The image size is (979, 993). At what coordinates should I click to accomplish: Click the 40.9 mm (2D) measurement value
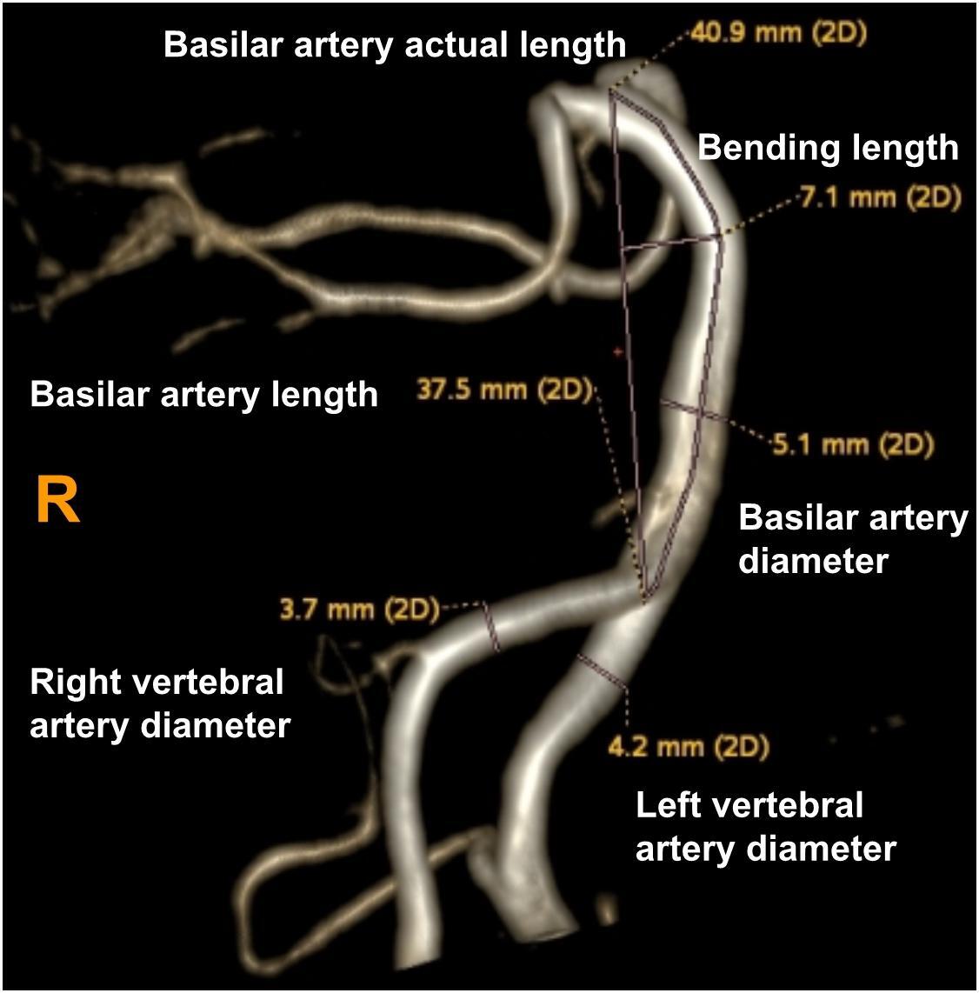pos(777,37)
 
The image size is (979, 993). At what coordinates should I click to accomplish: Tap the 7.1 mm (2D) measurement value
pos(880,198)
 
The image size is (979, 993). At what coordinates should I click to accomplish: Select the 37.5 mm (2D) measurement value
pos(503,390)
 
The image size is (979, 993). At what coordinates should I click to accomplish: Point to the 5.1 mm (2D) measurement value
pos(853,445)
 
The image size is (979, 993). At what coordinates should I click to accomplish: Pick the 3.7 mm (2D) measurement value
pos(359,610)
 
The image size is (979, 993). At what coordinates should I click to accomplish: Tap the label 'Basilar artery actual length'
pos(395,45)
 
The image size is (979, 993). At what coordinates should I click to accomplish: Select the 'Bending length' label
pos(828,148)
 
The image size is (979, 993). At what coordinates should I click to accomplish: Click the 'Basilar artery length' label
pos(204,396)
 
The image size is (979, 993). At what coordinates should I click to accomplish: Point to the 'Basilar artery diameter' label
pos(852,539)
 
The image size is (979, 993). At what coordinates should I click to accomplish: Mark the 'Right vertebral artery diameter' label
pos(160,703)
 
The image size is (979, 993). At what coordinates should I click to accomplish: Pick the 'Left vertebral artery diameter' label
pos(765,826)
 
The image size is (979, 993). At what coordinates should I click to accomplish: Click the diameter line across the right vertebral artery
pos(491,628)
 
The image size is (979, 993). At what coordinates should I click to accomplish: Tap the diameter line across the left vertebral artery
pos(602,670)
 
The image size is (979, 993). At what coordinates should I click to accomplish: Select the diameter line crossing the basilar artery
pos(691,410)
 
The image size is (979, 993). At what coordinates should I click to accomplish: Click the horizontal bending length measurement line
pos(670,243)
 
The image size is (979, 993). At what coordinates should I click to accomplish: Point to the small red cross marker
pos(618,352)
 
